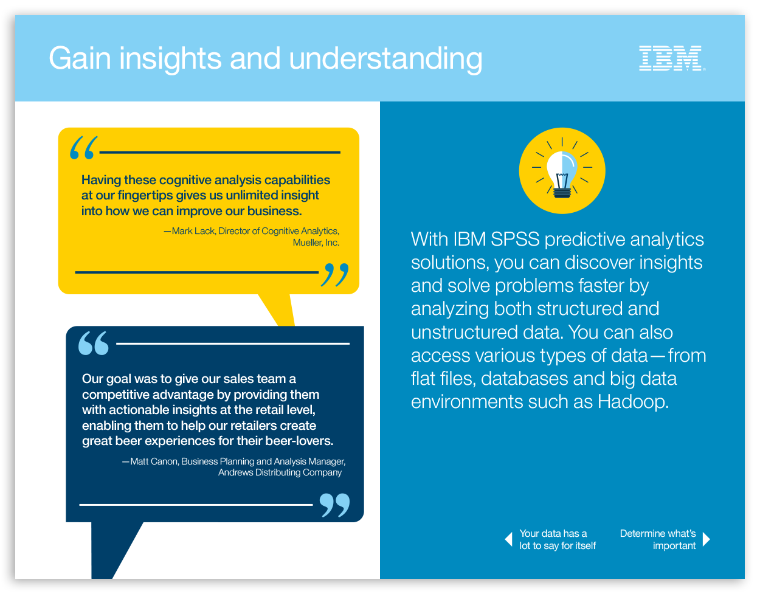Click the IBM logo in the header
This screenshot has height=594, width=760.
point(671,58)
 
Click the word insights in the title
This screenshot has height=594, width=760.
point(170,60)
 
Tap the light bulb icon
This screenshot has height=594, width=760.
point(562,171)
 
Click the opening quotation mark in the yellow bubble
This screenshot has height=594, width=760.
point(83,148)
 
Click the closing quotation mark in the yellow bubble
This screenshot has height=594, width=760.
point(335,275)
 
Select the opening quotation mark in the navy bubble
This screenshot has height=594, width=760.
point(94,343)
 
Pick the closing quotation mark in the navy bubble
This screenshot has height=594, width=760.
point(335,505)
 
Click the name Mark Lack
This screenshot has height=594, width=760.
point(193,231)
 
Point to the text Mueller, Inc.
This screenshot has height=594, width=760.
point(316,243)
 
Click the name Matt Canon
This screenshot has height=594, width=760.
point(154,461)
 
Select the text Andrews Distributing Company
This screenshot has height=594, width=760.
point(280,472)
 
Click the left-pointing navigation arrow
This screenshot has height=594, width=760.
point(508,539)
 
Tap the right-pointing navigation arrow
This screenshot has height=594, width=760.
point(706,539)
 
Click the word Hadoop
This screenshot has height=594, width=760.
point(633,402)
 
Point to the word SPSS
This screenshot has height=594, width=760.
point(515,240)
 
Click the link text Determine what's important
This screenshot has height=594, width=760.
point(658,540)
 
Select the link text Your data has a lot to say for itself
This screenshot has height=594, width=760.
point(558,540)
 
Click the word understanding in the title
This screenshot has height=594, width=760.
point(385,60)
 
